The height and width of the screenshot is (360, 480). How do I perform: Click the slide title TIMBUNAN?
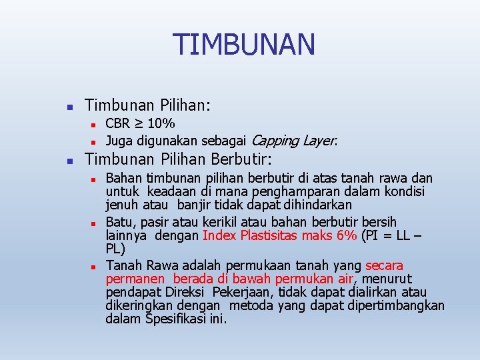[243, 45]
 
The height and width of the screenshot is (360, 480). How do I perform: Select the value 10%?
[161, 123]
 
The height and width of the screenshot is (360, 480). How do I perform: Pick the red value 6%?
[345, 235]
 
